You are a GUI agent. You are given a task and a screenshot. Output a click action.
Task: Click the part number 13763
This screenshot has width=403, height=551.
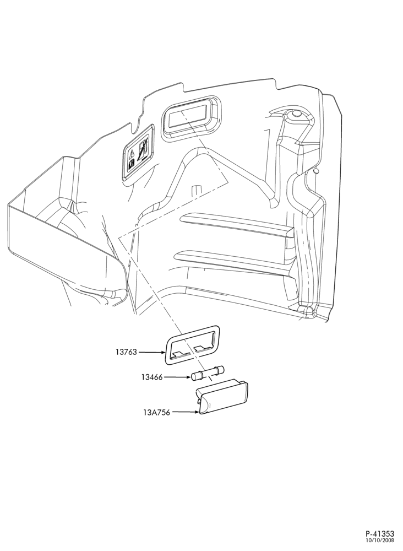[x=127, y=352]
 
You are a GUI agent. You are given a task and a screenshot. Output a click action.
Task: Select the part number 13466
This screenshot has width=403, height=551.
[x=153, y=377]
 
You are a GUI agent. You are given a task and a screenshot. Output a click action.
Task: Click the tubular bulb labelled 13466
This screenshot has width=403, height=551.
[x=208, y=373]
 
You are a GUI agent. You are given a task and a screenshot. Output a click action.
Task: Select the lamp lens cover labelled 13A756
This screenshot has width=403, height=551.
[x=222, y=396]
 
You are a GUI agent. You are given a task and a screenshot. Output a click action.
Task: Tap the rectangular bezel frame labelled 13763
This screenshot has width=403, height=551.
[x=192, y=343]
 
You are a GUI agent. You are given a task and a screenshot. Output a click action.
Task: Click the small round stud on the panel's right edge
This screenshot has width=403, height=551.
[x=317, y=171]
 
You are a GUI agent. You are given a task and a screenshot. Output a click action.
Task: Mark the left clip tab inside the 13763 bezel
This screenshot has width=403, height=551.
[x=181, y=352]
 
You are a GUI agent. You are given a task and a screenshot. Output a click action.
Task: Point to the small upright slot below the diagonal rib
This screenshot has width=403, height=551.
[x=194, y=190]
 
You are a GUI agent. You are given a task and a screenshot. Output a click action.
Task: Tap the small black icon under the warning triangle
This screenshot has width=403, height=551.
[x=132, y=163]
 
